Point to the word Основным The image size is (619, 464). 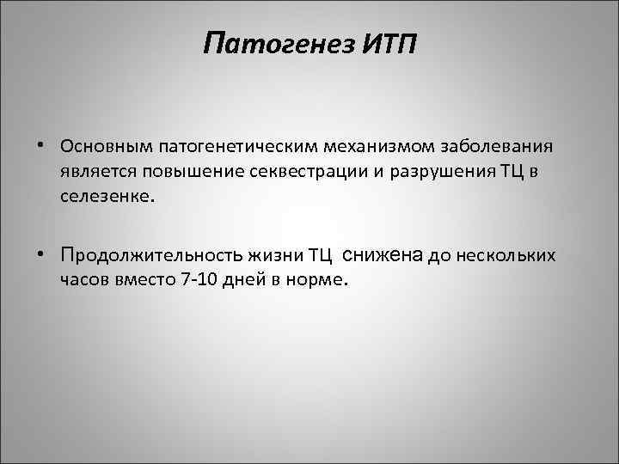pyautogui.click(x=97, y=144)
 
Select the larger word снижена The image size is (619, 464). pyautogui.click(x=382, y=253)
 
